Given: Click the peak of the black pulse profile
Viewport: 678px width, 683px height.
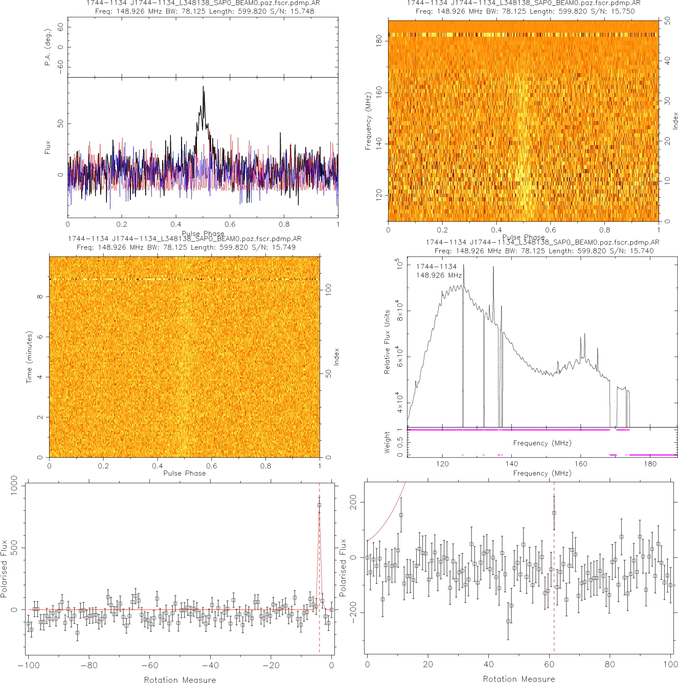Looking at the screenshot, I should pos(203,87).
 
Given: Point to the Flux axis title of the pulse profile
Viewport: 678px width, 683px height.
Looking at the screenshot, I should pos(48,148).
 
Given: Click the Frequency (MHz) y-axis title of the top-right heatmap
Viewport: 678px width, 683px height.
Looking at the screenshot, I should pos(368,121).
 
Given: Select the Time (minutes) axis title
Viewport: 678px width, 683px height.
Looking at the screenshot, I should pos(29,357).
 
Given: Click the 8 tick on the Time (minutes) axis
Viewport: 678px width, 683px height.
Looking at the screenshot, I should pos(40,297).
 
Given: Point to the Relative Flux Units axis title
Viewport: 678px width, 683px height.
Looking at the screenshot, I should pos(387,342).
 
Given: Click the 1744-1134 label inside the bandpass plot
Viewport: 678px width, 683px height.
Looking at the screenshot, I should pos(436,267).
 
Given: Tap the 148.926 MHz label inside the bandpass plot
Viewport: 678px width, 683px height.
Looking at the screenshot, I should pos(439,275).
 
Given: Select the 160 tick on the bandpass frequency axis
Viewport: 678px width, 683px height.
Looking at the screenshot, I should pos(581,464).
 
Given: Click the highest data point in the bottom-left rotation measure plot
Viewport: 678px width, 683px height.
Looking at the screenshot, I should pos(319,505).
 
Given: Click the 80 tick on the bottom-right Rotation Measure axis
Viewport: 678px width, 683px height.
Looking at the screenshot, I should pos(610,664).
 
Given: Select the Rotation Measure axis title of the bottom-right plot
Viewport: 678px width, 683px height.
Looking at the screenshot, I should pos(518,679).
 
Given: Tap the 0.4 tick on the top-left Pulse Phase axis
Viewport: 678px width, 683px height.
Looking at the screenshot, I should pos(176,224).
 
